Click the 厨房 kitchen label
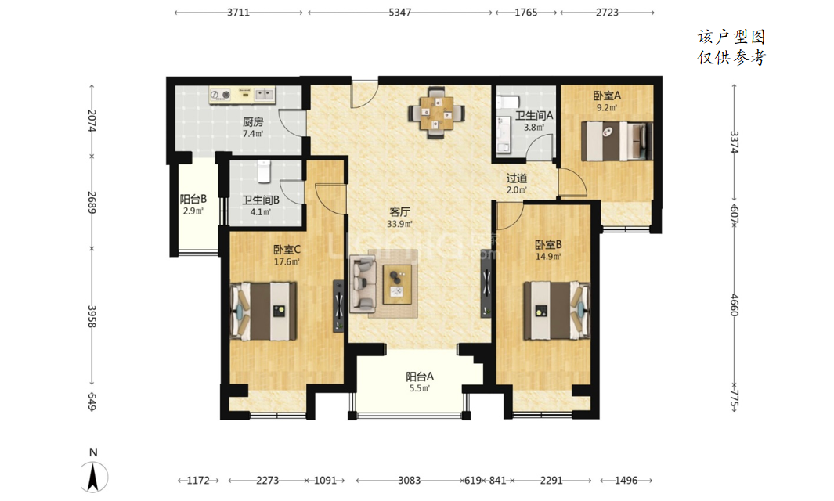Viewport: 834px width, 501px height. point(253,122)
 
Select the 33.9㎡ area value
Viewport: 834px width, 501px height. point(399,224)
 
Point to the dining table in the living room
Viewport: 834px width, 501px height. point(436,113)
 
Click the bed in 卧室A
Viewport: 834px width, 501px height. point(616,141)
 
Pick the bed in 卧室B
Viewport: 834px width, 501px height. point(557,310)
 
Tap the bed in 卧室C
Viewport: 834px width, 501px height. point(263,311)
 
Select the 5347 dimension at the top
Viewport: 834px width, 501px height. point(399,13)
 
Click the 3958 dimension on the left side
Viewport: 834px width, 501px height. point(92,316)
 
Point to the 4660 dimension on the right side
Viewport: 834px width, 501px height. point(734,305)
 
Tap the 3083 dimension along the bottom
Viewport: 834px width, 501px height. point(409,481)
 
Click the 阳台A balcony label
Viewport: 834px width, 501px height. point(420,377)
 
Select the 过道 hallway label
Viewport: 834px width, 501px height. point(517,178)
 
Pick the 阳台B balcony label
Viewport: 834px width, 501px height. point(193,200)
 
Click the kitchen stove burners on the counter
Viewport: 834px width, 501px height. point(220,95)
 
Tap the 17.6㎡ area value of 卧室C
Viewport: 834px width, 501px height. point(286,261)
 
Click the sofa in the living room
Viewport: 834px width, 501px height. point(363,284)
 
